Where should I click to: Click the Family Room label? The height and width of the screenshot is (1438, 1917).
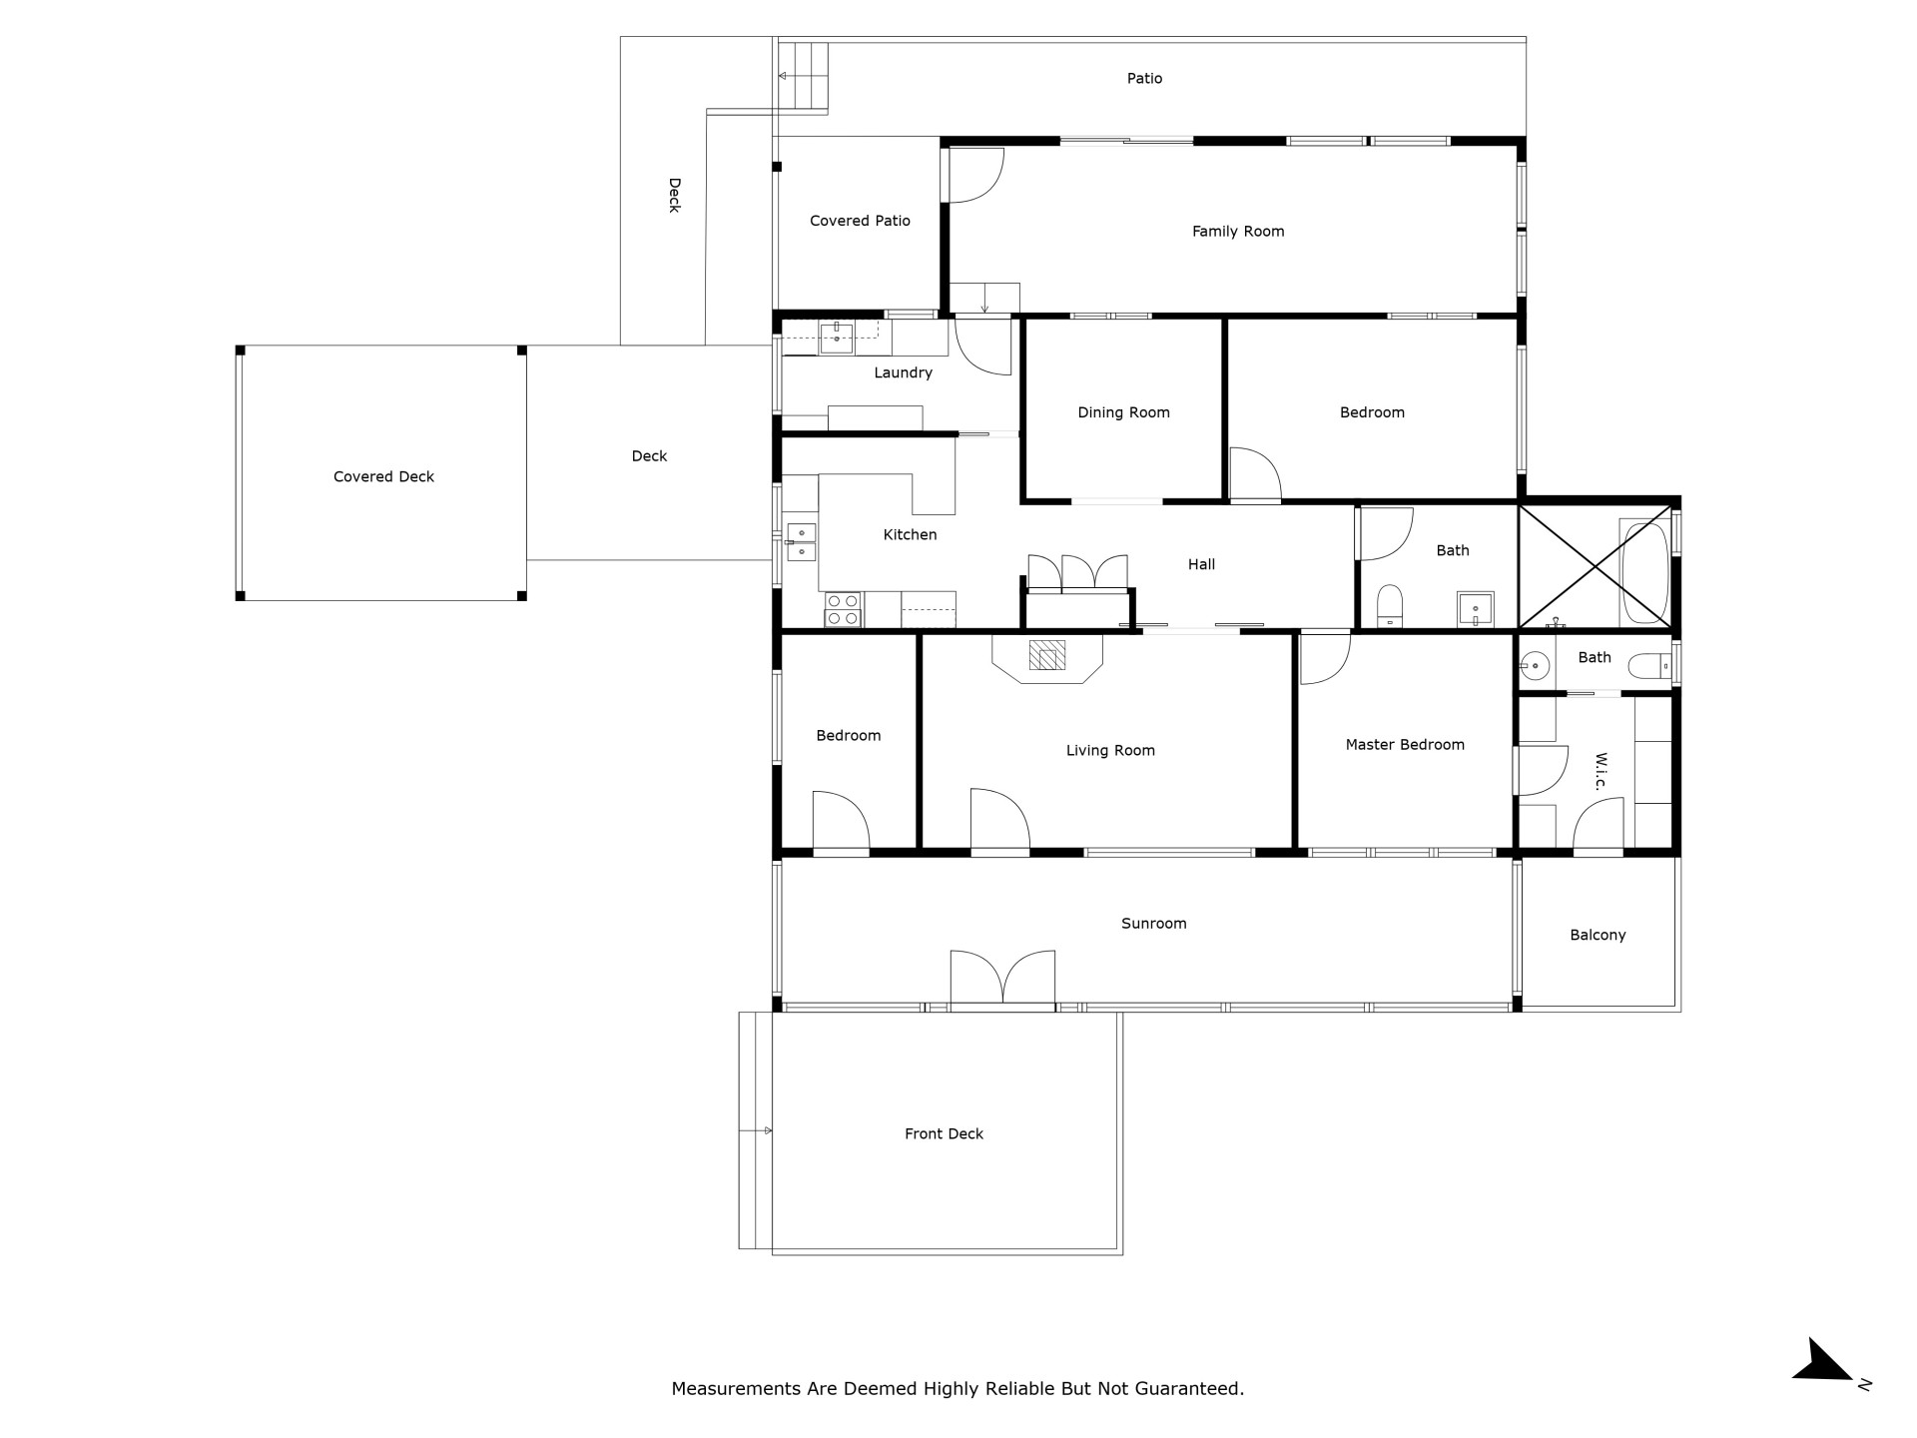coord(1238,232)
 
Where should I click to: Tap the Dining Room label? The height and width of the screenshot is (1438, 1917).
coord(1123,412)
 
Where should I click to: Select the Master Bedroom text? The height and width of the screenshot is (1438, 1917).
coord(1405,745)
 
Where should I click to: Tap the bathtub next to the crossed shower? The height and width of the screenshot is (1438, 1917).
coord(1644,572)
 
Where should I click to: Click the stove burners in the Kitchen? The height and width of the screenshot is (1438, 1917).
coord(843,609)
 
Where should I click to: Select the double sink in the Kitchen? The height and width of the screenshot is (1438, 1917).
coord(801,542)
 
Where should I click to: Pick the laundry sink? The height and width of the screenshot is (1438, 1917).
coord(837,339)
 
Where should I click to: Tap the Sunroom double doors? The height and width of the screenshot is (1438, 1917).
coord(1002,979)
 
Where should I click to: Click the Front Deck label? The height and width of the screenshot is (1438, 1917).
coord(944,1134)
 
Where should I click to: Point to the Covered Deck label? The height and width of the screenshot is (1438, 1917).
coord(383,477)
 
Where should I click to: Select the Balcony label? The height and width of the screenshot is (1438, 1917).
coord(1597,936)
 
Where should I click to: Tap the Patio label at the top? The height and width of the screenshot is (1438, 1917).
coord(1144,79)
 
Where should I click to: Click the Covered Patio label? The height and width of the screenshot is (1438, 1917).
coord(860,221)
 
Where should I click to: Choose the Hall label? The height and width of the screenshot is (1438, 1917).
coord(1201,565)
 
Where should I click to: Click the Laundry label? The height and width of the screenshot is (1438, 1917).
coord(903,373)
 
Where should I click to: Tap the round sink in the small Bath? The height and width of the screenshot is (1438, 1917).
coord(1537,664)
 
